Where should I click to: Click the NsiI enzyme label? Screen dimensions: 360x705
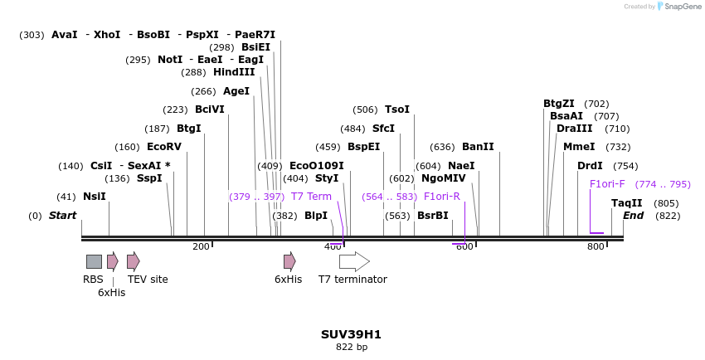coord(94,197)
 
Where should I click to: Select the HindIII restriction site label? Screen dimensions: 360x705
coord(234,72)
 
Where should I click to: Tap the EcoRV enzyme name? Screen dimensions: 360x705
coord(164,147)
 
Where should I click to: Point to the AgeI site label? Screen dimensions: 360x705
coord(236,91)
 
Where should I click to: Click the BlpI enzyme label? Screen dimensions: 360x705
coord(316,216)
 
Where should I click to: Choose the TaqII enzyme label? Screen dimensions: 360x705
coord(627,203)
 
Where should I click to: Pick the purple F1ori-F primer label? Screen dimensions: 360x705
coord(607,184)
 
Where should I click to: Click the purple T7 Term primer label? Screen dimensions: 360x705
coord(311,197)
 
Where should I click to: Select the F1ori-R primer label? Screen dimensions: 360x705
coord(442,197)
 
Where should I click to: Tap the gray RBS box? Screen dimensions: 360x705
coord(94,261)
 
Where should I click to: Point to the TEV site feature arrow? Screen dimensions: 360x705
coord(133,261)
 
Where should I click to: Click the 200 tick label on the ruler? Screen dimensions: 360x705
coord(201,246)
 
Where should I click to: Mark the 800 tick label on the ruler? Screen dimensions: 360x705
coord(596,246)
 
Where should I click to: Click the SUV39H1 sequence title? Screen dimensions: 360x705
coord(351,334)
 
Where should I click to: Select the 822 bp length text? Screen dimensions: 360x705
coord(351,348)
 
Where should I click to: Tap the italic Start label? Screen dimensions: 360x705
coord(62,216)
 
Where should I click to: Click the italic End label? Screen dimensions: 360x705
coord(633,216)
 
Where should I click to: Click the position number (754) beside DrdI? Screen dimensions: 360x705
coord(625,166)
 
